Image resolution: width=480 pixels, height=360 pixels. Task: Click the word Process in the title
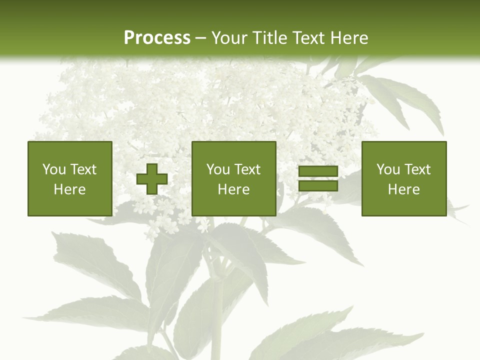pyautogui.click(x=157, y=38)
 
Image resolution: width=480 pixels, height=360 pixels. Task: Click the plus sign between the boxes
pyautogui.click(x=152, y=178)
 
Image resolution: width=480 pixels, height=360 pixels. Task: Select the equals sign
pyautogui.click(x=318, y=178)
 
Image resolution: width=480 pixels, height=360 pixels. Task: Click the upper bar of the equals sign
pyautogui.click(x=318, y=171)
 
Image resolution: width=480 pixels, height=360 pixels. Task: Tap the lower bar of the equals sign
pyautogui.click(x=318, y=186)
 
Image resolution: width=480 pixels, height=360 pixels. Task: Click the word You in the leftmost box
pyautogui.click(x=53, y=169)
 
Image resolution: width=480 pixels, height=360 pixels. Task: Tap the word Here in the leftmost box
pyautogui.click(x=70, y=189)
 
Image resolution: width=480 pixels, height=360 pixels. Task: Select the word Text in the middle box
pyautogui.click(x=247, y=169)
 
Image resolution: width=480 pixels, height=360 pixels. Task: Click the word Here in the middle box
pyautogui.click(x=234, y=189)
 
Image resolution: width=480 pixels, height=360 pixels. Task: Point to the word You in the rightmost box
pyautogui.click(x=387, y=169)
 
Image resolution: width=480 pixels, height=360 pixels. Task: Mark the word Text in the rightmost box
pyautogui.click(x=417, y=169)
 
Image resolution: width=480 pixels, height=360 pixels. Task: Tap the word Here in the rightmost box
pyautogui.click(x=404, y=189)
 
